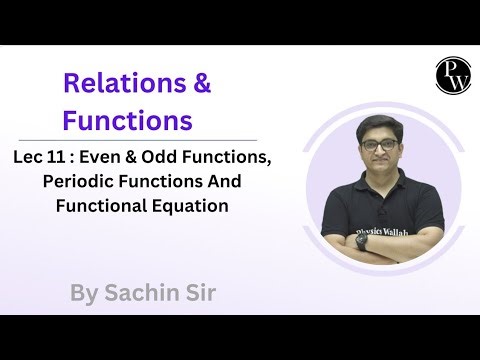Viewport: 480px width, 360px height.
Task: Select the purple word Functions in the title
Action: (x=127, y=122)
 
